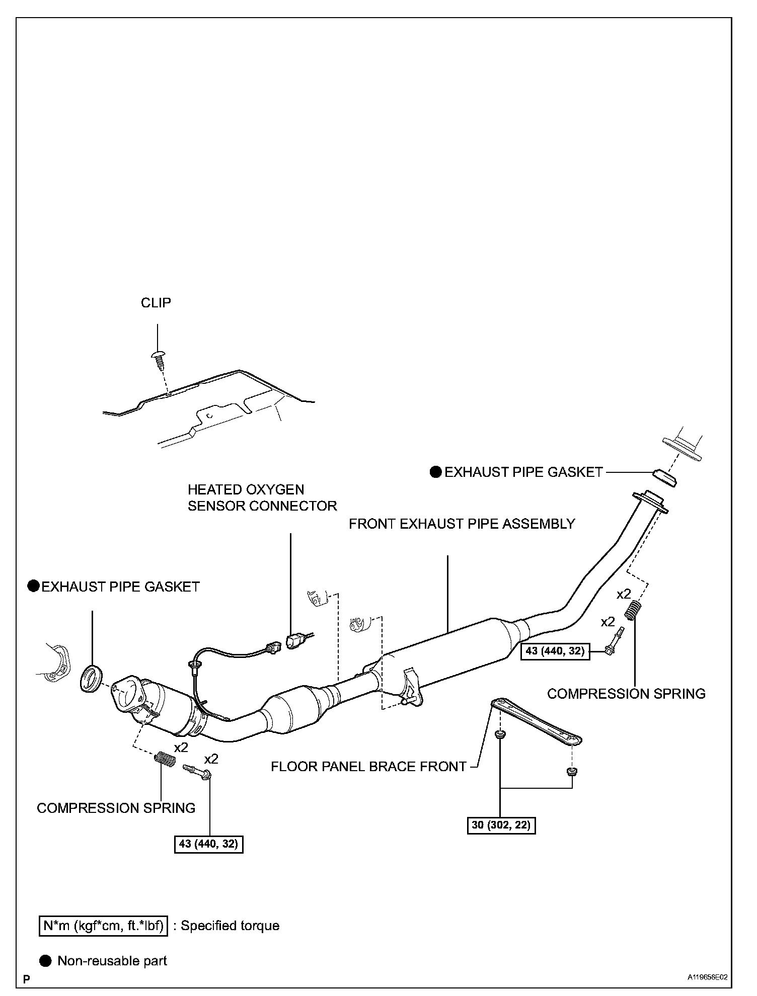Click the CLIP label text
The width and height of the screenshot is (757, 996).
click(x=156, y=303)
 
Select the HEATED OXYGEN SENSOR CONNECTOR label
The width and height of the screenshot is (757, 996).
click(x=262, y=497)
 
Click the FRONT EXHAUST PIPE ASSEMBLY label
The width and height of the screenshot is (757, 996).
click(x=462, y=524)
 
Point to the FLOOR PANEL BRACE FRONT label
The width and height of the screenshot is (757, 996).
click(x=368, y=766)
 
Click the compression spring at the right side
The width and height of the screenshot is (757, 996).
click(x=632, y=611)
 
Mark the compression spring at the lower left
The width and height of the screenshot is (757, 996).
click(x=164, y=759)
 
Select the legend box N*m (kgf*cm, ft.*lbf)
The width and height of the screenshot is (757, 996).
click(x=103, y=926)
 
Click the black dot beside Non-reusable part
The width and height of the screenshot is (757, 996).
click(x=46, y=961)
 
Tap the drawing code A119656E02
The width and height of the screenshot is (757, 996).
click(x=708, y=977)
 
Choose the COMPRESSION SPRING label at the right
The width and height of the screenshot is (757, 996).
click(x=626, y=694)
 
